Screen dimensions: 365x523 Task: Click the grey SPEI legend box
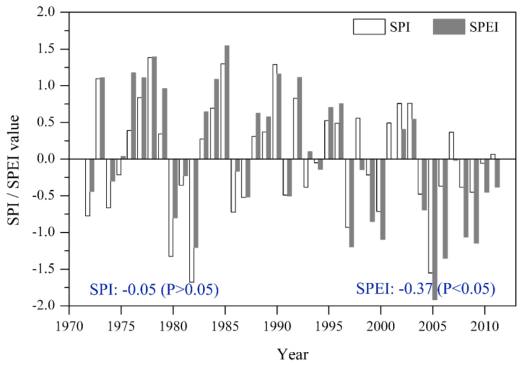pyautogui.click(x=449, y=27)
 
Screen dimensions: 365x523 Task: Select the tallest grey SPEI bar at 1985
pyautogui.click(x=227, y=102)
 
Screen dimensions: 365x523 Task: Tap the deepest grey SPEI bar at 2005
pyautogui.click(x=435, y=229)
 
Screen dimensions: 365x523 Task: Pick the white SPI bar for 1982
pyautogui.click(x=192, y=220)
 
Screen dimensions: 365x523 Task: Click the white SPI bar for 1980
pyautogui.click(x=171, y=207)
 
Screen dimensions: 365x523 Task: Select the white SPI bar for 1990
pyautogui.click(x=275, y=112)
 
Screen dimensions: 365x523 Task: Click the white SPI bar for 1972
pyautogui.click(x=87, y=187)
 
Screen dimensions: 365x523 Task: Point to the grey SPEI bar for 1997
pyautogui.click(x=351, y=203)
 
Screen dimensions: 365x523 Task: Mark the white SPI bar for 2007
pyautogui.click(x=451, y=145)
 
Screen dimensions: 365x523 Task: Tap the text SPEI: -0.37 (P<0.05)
pyautogui.click(x=425, y=289)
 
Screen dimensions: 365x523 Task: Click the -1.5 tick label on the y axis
pyautogui.click(x=49, y=269)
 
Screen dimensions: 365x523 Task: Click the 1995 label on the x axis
pyautogui.click(x=328, y=325)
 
